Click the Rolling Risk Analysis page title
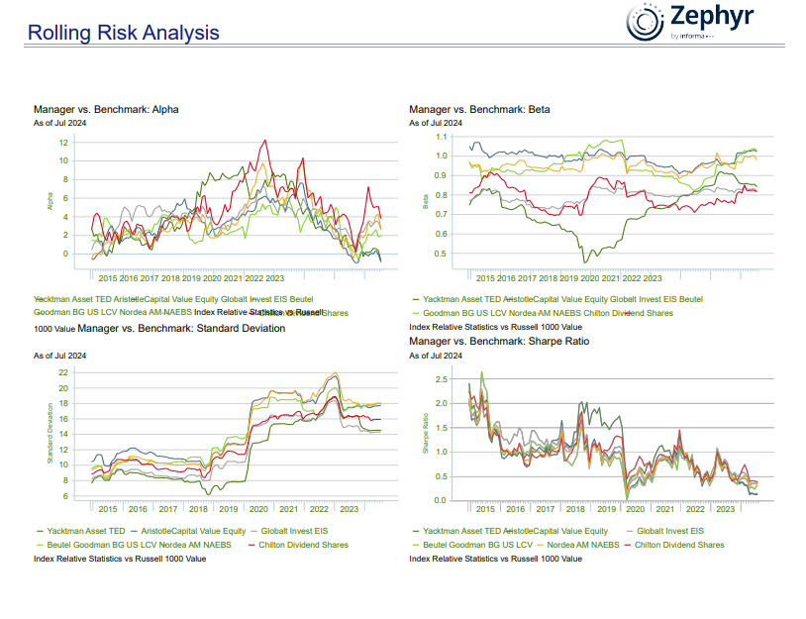click(124, 33)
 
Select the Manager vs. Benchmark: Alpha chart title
click(106, 109)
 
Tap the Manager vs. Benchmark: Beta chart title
click(479, 109)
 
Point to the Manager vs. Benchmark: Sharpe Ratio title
click(499, 341)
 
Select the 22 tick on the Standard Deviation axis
click(62, 372)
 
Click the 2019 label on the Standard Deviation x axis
click(228, 509)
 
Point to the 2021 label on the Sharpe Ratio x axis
click(665, 509)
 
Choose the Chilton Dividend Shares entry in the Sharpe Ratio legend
click(678, 545)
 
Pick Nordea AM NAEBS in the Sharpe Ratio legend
click(583, 545)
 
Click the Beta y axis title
click(426, 201)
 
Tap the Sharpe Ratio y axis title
click(426, 437)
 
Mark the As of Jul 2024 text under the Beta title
click(436, 123)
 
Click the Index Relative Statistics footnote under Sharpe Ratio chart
click(495, 559)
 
